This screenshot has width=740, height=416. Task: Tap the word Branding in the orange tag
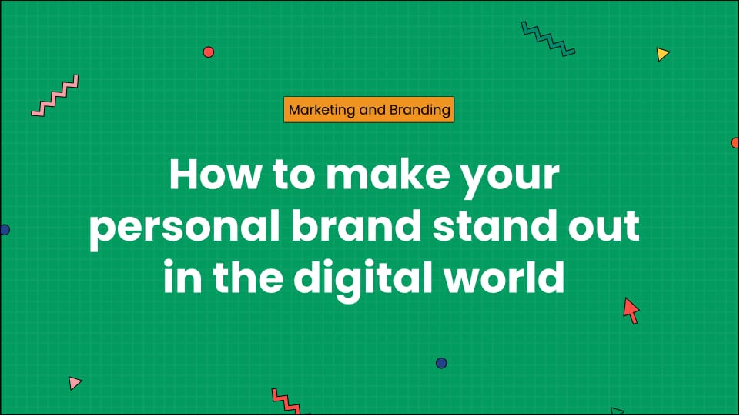[x=420, y=110]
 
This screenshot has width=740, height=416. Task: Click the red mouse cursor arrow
[x=631, y=310]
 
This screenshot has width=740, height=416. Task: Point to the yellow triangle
[x=662, y=54]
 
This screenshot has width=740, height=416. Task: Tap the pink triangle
[x=74, y=382]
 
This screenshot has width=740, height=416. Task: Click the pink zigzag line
[x=55, y=95]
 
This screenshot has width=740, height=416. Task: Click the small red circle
[x=208, y=52]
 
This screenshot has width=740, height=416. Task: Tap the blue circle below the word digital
[x=441, y=363]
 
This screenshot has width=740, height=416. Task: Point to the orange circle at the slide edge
[x=735, y=143]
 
